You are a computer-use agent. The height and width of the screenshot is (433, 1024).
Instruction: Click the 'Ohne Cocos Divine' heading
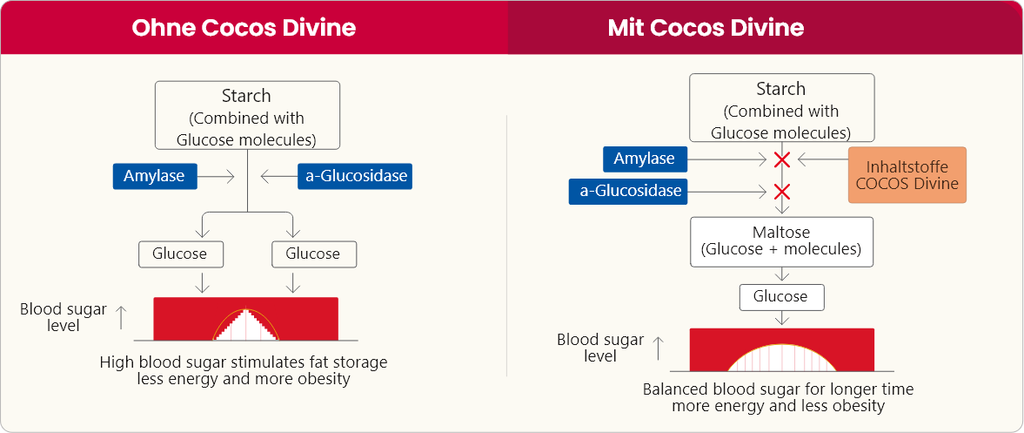click(244, 27)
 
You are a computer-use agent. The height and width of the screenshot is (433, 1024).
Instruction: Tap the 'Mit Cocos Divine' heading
click(706, 27)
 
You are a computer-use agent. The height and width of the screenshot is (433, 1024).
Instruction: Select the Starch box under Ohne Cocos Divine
click(247, 117)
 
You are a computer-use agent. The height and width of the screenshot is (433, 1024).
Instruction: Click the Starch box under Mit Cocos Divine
click(781, 110)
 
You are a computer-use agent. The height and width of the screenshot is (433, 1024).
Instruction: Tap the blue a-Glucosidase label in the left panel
click(354, 176)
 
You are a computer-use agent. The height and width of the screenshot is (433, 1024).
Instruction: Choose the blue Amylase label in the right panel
click(645, 159)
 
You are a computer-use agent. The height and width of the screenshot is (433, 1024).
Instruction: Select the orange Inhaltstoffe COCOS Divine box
click(907, 175)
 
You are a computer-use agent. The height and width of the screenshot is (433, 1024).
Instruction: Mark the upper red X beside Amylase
click(782, 159)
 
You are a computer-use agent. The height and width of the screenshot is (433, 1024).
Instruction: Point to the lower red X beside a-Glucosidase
click(782, 191)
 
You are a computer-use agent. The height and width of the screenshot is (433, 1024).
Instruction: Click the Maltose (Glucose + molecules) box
click(780, 241)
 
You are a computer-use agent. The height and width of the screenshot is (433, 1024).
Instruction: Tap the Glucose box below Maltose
click(780, 296)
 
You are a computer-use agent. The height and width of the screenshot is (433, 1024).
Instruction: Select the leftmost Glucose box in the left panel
click(180, 254)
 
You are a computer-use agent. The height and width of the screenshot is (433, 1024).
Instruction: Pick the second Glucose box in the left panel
click(313, 254)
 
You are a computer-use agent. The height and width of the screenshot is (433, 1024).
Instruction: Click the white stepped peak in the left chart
click(246, 326)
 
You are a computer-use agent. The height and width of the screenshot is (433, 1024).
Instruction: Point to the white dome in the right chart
click(781, 357)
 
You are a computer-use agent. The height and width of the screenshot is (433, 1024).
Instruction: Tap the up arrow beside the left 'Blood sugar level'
click(121, 317)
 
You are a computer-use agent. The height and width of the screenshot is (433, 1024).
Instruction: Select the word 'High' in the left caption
click(117, 362)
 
